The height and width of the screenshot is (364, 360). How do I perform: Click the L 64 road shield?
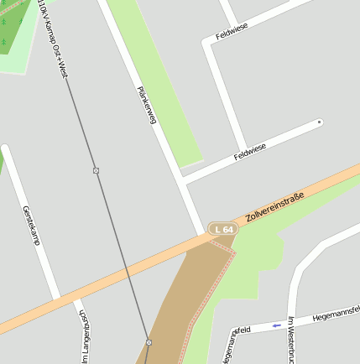(223, 229)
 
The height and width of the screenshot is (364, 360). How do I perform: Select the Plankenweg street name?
(147, 105)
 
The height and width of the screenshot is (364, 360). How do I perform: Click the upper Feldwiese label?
(232, 32)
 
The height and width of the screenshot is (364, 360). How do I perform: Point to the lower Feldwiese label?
(250, 152)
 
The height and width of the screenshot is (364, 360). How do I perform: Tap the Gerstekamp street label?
(31, 225)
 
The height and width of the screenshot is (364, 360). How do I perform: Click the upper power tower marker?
(97, 170)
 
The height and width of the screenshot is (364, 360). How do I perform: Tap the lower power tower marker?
(149, 342)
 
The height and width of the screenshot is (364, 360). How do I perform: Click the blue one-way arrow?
(276, 325)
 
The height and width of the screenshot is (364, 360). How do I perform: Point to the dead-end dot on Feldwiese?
(319, 122)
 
